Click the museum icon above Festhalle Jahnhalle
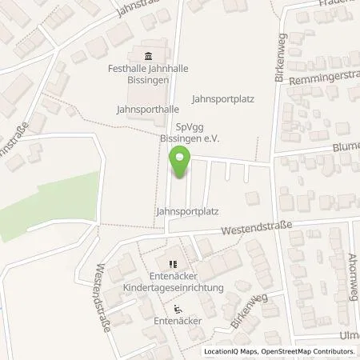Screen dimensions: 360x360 [149, 55]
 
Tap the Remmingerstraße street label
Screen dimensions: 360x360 [327, 80]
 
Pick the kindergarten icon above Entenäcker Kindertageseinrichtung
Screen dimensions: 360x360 [171, 262]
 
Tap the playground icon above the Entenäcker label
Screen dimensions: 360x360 [177, 309]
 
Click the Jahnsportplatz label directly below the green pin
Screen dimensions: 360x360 [188, 211]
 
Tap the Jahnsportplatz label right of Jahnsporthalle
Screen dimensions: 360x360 [224, 98]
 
